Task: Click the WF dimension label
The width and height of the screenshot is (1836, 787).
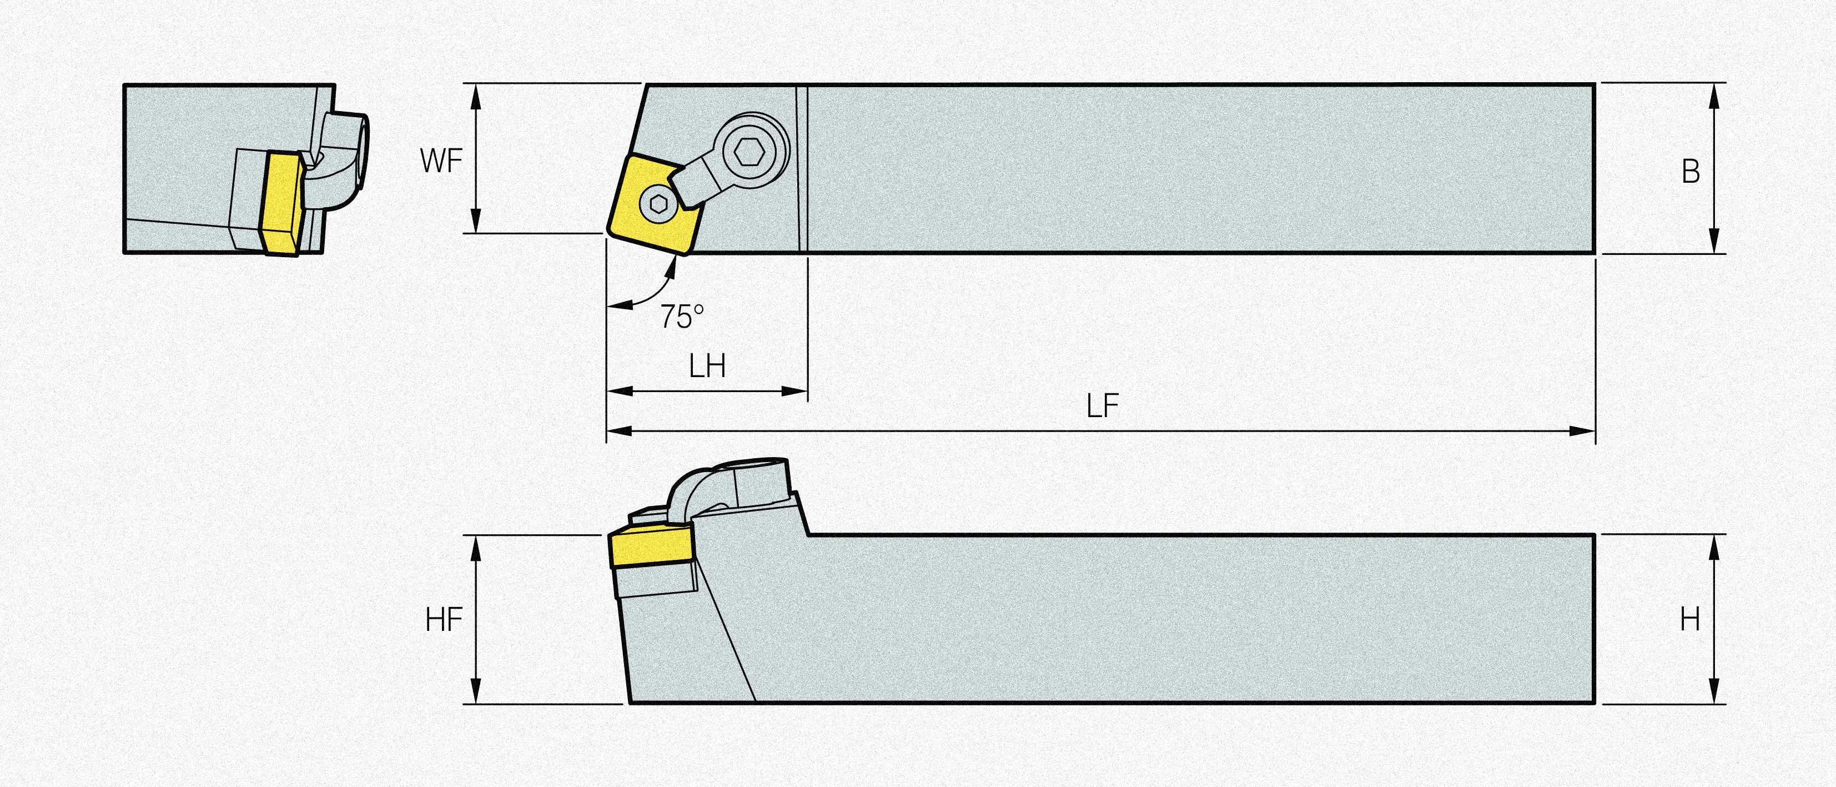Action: (441, 161)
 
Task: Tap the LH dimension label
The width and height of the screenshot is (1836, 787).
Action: (707, 367)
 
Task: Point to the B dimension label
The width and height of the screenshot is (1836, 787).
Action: (1691, 172)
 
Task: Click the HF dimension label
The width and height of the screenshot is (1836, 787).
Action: (444, 619)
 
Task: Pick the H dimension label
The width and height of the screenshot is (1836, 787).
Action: (1690, 619)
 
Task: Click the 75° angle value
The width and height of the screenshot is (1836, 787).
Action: (681, 317)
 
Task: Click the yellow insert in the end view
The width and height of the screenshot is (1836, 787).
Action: (284, 201)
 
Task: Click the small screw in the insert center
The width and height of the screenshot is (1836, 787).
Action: (658, 204)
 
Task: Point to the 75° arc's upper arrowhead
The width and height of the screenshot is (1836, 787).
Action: (671, 265)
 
